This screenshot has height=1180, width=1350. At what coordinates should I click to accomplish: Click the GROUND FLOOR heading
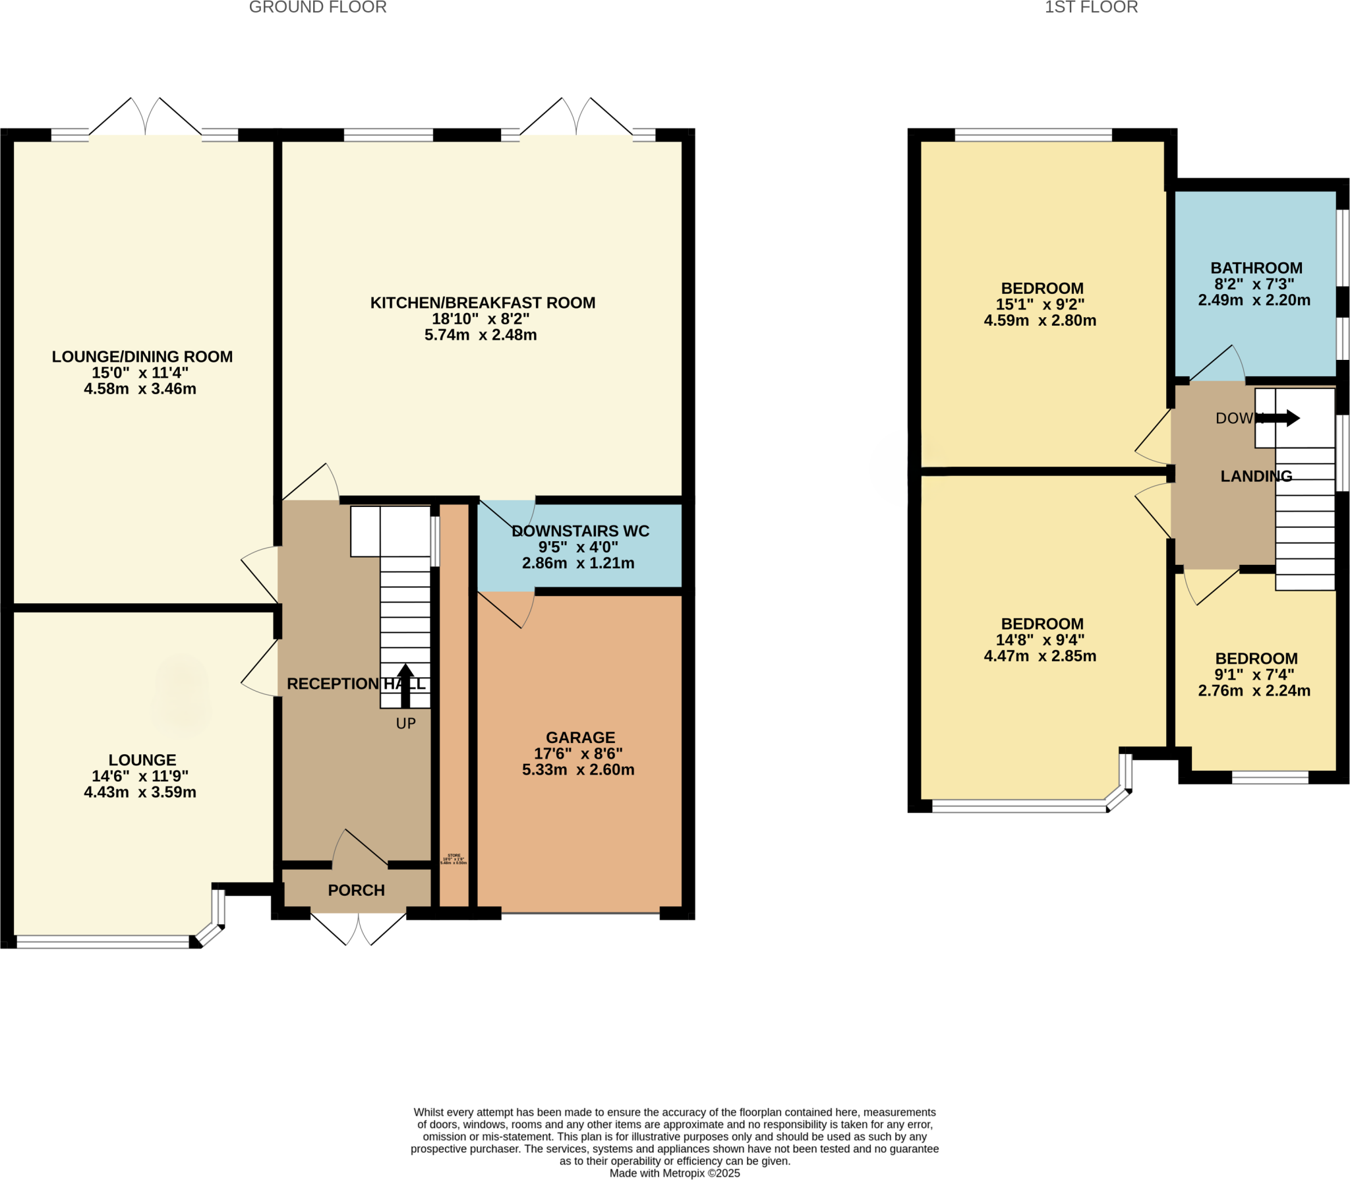click(x=318, y=8)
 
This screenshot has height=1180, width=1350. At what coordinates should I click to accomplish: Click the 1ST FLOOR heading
click(x=1091, y=8)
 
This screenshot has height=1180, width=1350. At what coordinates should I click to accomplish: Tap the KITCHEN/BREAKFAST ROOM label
click(x=483, y=303)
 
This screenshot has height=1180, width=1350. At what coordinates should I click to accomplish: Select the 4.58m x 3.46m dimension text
click(x=140, y=389)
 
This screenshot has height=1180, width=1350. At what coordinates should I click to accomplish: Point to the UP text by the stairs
click(x=405, y=724)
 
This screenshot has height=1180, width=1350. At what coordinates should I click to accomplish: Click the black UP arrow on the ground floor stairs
click(x=405, y=686)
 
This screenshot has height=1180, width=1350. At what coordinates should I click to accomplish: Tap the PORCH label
click(x=356, y=891)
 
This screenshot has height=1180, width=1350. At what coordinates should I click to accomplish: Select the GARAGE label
click(x=580, y=738)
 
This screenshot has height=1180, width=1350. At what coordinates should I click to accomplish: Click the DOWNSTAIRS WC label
click(x=580, y=531)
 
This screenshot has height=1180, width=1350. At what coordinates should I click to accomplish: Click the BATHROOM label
click(x=1256, y=268)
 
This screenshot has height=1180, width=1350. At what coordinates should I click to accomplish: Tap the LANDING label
click(x=1256, y=476)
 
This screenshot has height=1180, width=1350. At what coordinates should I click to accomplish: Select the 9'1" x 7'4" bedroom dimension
click(x=1254, y=674)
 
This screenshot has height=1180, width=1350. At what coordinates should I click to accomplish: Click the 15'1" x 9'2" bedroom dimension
click(x=1040, y=305)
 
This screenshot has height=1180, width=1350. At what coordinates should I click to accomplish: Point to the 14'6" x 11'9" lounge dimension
click(x=140, y=776)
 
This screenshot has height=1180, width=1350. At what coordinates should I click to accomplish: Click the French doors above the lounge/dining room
click(x=145, y=119)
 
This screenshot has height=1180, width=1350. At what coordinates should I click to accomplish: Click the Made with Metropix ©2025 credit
click(x=674, y=1173)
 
